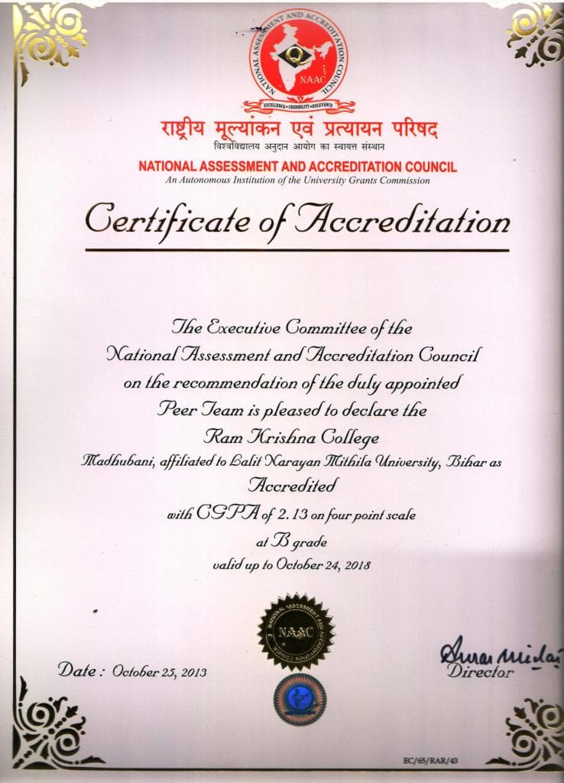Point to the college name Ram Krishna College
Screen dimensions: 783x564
click(291, 437)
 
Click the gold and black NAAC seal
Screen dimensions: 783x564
click(296, 632)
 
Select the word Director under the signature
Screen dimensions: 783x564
click(481, 672)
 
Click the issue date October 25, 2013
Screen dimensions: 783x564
click(159, 672)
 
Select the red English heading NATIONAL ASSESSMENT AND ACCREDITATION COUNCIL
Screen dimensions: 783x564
click(298, 167)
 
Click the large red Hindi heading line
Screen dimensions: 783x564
click(299, 128)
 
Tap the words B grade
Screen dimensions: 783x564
click(295, 541)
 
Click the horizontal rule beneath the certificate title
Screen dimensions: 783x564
click(297, 249)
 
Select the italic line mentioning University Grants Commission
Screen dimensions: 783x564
click(298, 180)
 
